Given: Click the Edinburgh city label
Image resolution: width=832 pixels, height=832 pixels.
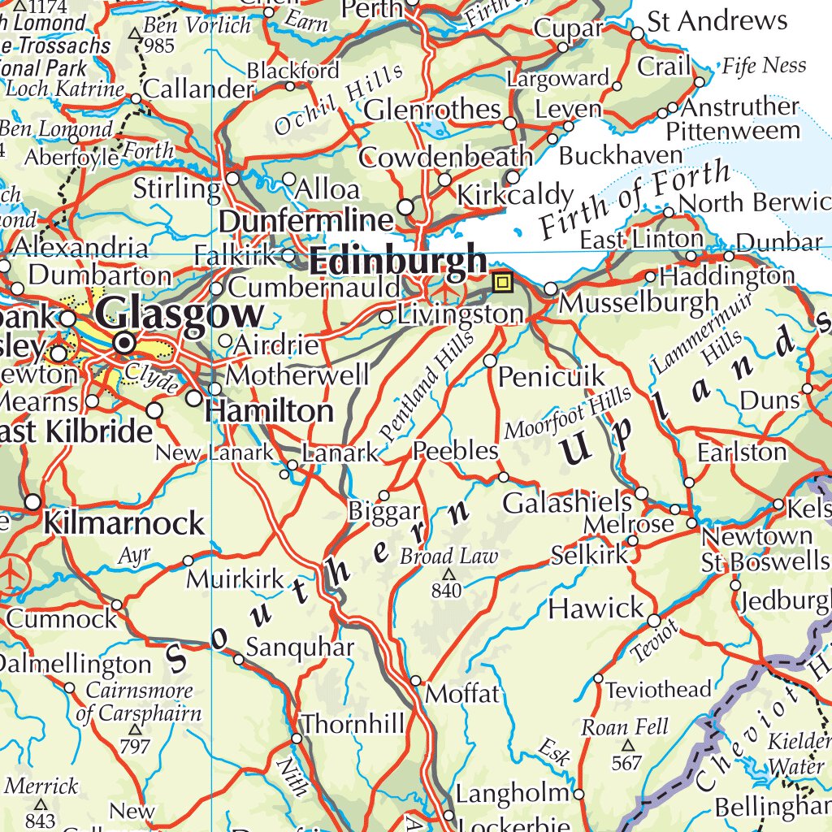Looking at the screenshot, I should click(x=398, y=262).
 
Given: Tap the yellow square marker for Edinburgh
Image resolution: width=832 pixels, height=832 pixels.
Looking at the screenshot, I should click(x=503, y=282).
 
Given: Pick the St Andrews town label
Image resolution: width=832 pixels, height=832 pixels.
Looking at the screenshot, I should click(x=717, y=21).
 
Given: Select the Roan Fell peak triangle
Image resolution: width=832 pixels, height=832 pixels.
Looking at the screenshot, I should click(x=627, y=745).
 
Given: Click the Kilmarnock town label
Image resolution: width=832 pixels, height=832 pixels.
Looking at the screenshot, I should click(x=123, y=523).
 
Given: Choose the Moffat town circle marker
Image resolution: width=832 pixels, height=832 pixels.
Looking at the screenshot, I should click(x=416, y=680).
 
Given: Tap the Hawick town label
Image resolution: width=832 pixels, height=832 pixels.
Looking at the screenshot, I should click(x=596, y=608).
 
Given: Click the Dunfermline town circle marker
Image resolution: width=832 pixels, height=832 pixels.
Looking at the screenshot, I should click(x=405, y=208).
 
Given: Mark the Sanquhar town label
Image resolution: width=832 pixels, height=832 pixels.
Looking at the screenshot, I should click(x=300, y=648).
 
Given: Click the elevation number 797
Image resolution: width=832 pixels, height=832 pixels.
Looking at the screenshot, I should click(x=135, y=746).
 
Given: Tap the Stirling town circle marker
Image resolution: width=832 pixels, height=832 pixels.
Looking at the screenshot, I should click(x=233, y=178).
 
